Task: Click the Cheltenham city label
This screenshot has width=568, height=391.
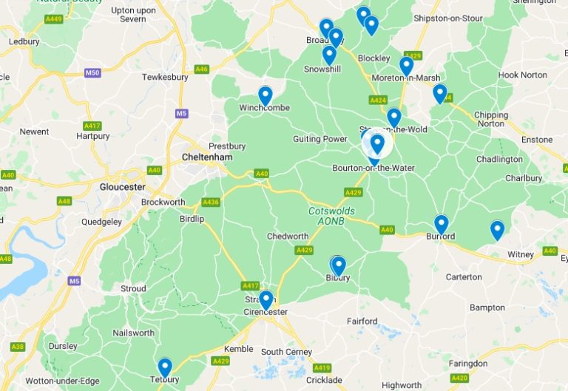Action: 207,157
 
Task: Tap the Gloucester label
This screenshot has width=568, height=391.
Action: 123,187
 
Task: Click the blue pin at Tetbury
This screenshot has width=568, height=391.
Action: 165,367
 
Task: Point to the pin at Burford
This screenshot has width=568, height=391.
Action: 442,224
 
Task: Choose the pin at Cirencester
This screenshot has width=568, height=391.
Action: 266,300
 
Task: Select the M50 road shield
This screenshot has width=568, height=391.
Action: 92,72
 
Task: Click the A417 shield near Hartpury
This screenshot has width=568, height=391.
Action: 92,126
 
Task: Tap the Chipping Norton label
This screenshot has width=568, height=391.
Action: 490,119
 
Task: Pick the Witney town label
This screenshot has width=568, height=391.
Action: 521,255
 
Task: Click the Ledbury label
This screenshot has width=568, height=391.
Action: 24,42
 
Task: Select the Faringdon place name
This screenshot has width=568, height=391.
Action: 468,364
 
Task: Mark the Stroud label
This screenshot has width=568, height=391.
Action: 134,288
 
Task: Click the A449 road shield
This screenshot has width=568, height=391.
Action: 53,18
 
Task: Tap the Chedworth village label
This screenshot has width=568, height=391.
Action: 288,237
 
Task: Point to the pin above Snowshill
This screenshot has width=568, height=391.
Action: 329,55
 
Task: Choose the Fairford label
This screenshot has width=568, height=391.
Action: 362,322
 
